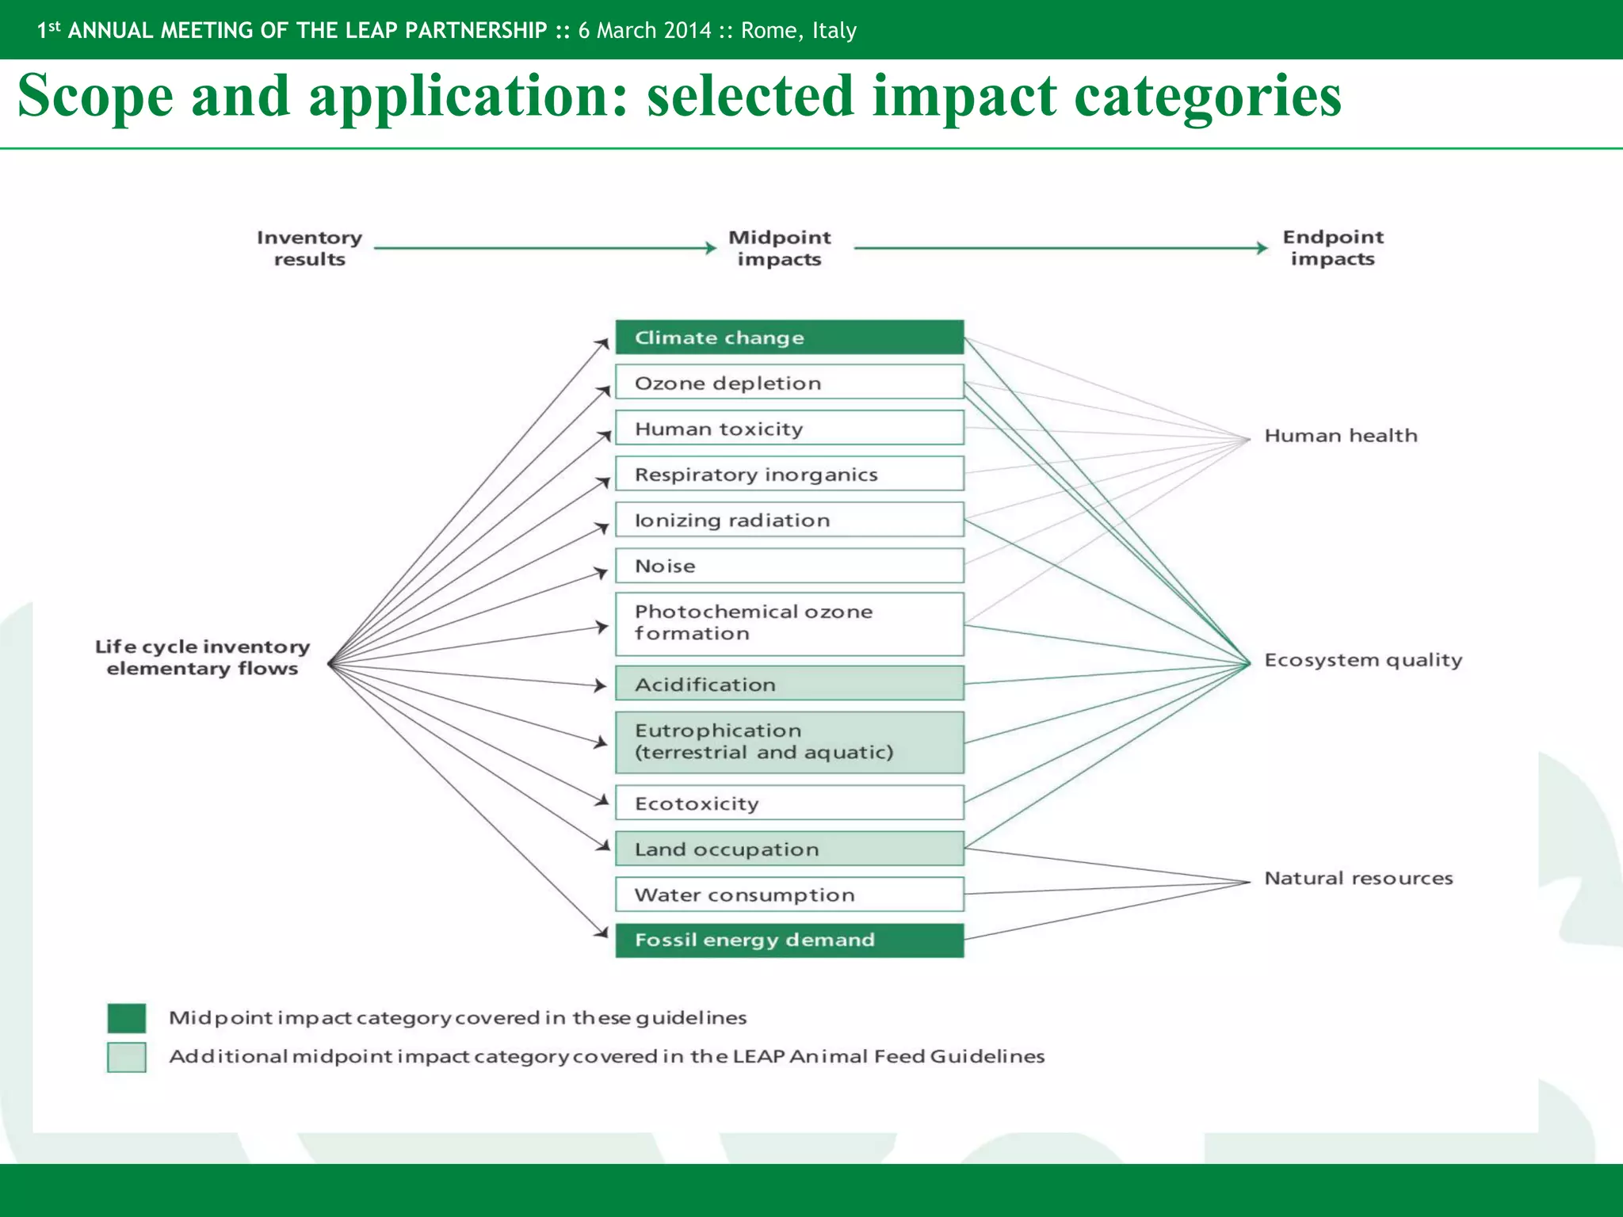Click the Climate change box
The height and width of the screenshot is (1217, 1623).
point(789,338)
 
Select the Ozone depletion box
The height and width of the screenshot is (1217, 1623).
point(789,383)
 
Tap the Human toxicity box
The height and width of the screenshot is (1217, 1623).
point(789,429)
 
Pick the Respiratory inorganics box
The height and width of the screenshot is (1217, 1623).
point(789,474)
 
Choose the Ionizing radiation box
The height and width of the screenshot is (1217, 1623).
point(789,520)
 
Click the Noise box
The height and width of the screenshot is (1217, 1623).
point(789,566)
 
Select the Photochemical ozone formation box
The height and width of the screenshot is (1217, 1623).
point(789,624)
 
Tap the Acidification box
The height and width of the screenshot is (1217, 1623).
point(789,684)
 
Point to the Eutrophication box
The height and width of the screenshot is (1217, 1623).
point(789,742)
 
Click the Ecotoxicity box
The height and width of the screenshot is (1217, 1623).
point(789,803)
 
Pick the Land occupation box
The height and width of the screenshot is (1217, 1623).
point(789,849)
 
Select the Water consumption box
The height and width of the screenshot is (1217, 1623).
point(789,895)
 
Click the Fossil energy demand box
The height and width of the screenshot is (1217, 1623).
point(789,940)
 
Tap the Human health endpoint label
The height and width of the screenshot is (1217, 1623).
point(1340,436)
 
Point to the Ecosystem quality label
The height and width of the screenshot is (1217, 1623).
point(1363,660)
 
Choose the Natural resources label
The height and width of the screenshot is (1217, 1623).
point(1358,878)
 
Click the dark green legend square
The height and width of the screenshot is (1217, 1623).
point(127,1018)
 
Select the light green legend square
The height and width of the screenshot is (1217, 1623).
point(127,1057)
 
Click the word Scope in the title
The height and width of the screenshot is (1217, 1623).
point(95,97)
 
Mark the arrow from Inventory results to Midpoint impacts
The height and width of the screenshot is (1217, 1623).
point(544,248)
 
